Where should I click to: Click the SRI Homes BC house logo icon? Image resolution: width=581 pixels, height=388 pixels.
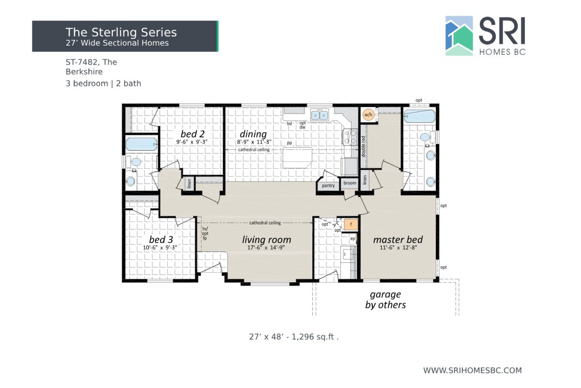click(x=459, y=36)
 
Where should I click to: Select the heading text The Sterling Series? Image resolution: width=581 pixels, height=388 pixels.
click(x=121, y=32)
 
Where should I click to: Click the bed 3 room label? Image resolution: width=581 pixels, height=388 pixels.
click(x=161, y=240)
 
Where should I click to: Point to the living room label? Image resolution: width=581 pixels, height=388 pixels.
click(x=266, y=240)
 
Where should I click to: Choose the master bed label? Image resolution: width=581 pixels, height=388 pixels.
click(x=398, y=240)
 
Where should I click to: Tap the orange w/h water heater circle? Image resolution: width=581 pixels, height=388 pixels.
click(x=368, y=114)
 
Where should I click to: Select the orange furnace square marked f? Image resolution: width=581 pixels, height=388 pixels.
click(x=351, y=225)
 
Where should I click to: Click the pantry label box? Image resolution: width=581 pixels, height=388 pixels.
click(x=328, y=185)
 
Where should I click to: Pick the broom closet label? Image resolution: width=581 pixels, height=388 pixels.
click(x=350, y=183)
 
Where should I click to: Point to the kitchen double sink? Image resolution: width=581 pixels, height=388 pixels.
click(x=320, y=115)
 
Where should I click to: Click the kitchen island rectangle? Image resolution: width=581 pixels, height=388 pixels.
click(x=298, y=158)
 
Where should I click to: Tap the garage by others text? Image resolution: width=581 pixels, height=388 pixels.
click(x=385, y=300)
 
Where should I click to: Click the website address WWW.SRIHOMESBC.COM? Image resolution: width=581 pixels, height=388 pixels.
click(x=473, y=370)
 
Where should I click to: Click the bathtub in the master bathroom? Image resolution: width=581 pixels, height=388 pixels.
click(x=419, y=116)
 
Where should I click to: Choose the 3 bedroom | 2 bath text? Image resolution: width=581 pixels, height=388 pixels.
click(x=104, y=83)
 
